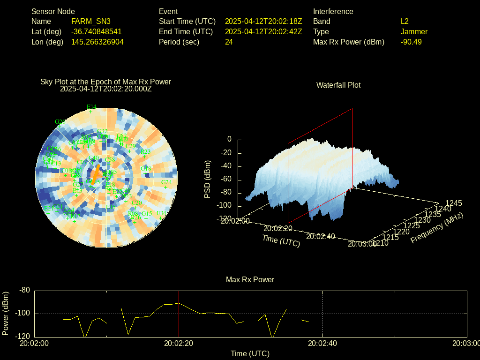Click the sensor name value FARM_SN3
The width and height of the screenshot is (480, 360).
(91, 22)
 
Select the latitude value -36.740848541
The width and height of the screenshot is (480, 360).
(97, 32)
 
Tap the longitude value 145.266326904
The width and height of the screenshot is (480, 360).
(97, 42)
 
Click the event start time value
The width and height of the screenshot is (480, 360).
(263, 22)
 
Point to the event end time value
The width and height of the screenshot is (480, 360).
(263, 32)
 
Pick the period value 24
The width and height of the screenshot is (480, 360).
(229, 42)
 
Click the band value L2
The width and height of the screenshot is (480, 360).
(405, 22)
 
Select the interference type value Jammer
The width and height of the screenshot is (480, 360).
(414, 32)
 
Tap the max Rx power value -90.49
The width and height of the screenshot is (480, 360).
(411, 42)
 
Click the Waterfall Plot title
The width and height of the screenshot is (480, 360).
(338, 85)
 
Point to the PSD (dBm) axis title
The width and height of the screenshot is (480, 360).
(208, 179)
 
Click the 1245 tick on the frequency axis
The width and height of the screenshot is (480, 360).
(453, 203)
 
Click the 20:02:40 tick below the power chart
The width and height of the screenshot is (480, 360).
(322, 343)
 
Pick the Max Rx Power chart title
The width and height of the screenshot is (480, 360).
(250, 280)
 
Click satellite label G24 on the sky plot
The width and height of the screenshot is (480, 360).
(166, 182)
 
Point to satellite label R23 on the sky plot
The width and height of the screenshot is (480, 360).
(146, 151)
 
